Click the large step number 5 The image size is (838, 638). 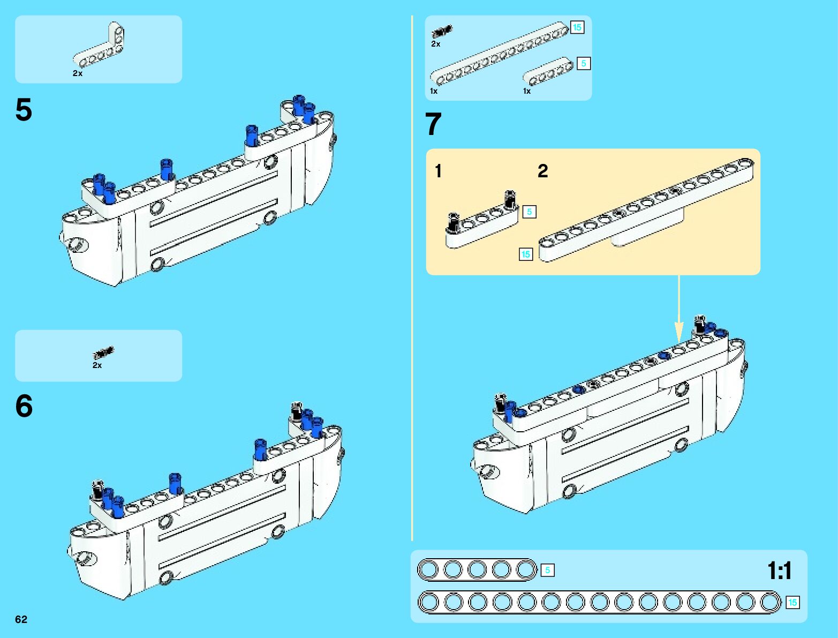tap(24, 110)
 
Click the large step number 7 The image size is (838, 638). tap(433, 124)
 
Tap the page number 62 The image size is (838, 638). tap(21, 619)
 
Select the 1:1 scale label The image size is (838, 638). tap(780, 571)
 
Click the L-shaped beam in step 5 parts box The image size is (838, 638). tap(99, 45)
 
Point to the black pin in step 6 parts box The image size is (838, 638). tap(103, 352)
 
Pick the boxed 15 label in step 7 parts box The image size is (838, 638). tap(577, 27)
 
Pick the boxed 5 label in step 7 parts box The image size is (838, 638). tap(583, 63)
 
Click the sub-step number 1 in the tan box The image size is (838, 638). tap(439, 171)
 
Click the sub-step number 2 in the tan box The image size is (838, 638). tap(542, 171)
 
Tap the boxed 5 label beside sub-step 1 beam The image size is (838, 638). tap(529, 212)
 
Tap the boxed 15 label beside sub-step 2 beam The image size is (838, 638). tap(526, 254)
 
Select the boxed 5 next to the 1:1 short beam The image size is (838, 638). tap(547, 570)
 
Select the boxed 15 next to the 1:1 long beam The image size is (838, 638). tap(792, 603)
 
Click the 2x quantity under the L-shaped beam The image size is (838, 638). tap(78, 73)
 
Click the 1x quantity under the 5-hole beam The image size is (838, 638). tap(527, 91)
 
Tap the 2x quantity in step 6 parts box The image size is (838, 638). tap(97, 365)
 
